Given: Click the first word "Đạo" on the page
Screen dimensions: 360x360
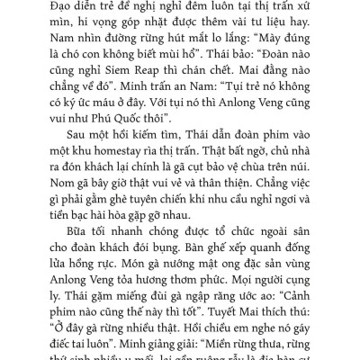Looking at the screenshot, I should (54, 7).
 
